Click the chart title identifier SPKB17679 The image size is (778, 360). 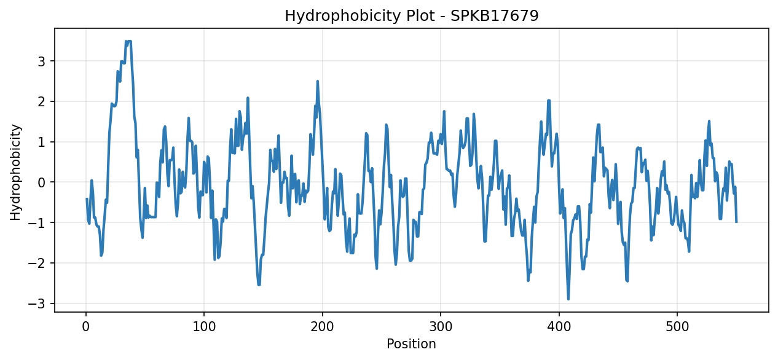click(x=495, y=15)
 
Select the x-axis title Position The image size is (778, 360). click(x=411, y=343)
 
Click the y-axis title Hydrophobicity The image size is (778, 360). click(x=15, y=172)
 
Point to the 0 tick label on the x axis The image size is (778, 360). click(x=86, y=327)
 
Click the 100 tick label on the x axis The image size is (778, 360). click(x=204, y=327)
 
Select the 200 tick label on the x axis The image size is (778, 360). click(x=322, y=327)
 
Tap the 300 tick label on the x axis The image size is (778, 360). click(x=441, y=327)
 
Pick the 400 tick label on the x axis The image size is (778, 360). click(x=559, y=327)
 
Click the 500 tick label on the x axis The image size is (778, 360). click(x=677, y=327)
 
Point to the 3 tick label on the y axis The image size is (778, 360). click(x=42, y=61)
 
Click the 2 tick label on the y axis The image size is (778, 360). click(x=42, y=102)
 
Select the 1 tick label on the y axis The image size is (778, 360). click(x=42, y=143)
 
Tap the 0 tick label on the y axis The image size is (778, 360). click(x=42, y=182)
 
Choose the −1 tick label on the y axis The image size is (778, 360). click(x=37, y=223)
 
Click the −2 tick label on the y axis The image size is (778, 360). click(x=37, y=264)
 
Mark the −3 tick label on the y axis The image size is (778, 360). click(x=37, y=304)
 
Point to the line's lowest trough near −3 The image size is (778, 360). click(x=568, y=299)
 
